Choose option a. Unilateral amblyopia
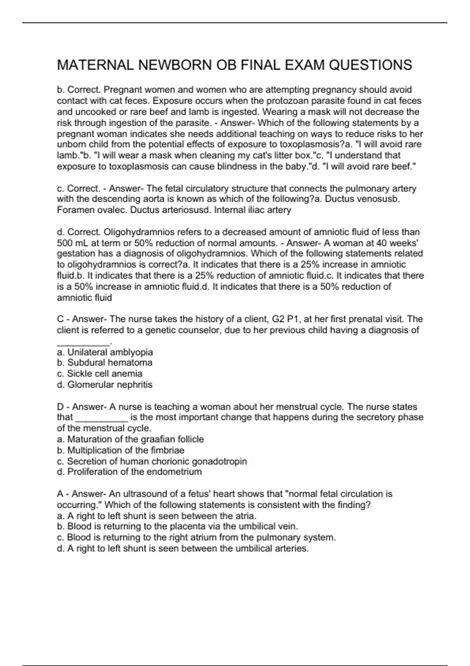click(105, 352)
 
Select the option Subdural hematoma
click(105, 363)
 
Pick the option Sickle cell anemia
click(99, 374)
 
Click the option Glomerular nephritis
click(105, 385)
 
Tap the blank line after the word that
click(101, 418)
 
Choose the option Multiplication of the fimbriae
click(121, 451)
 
